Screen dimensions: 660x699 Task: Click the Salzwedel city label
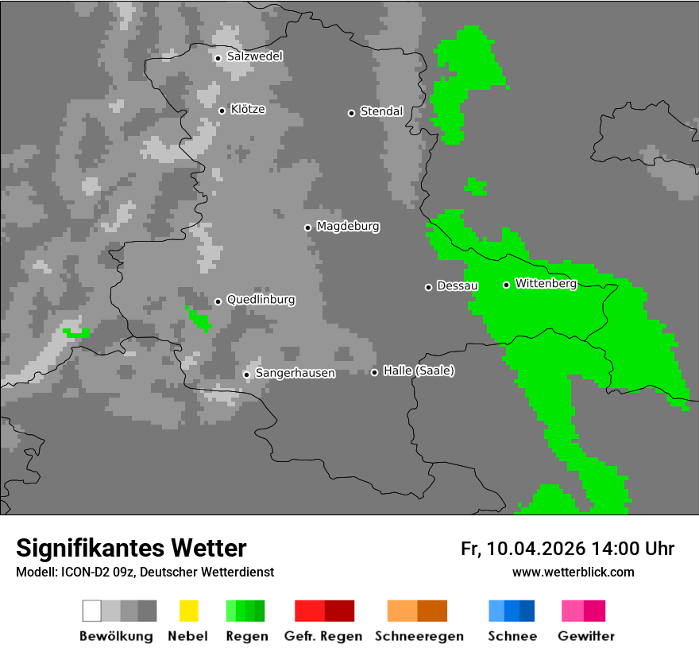click(254, 56)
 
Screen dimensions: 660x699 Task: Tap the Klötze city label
click(247, 109)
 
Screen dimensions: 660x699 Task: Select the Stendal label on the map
click(381, 111)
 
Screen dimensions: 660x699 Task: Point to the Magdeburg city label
click(348, 227)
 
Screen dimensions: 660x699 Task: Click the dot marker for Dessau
click(428, 287)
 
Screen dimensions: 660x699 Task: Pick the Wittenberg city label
click(546, 283)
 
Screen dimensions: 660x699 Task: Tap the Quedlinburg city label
click(261, 300)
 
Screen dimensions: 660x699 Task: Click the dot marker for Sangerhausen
click(246, 375)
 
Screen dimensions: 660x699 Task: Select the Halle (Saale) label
click(419, 371)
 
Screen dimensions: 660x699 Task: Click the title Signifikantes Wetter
click(131, 548)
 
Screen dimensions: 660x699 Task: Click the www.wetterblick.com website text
click(573, 572)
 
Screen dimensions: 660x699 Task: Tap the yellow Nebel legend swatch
click(188, 611)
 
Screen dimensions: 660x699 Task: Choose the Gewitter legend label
click(585, 636)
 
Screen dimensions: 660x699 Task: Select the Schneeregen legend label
click(417, 636)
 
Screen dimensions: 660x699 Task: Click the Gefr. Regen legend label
click(322, 636)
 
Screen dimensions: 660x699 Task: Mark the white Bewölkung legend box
click(92, 611)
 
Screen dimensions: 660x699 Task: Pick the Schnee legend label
click(512, 636)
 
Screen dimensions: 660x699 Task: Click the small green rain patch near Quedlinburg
click(199, 319)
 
